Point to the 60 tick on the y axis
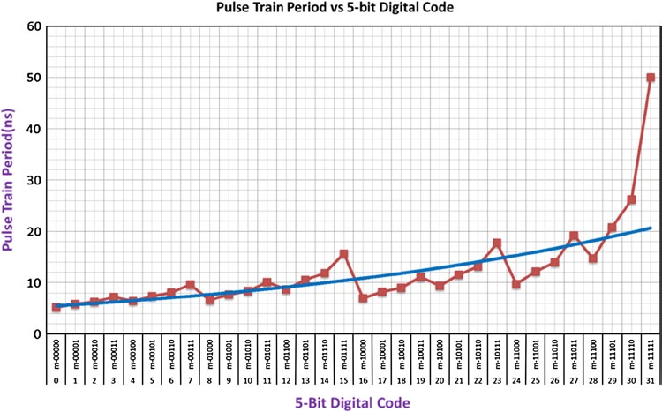click(x=35, y=26)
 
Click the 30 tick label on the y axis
click(x=35, y=180)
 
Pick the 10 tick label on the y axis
click(x=35, y=283)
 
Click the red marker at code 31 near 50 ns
click(x=651, y=78)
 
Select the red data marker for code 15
click(x=342, y=254)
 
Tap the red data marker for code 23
click(x=497, y=243)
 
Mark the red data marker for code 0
click(x=56, y=308)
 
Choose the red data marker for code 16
click(x=362, y=298)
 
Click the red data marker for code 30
click(x=631, y=200)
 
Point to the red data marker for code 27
click(x=574, y=236)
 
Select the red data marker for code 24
click(x=515, y=284)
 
